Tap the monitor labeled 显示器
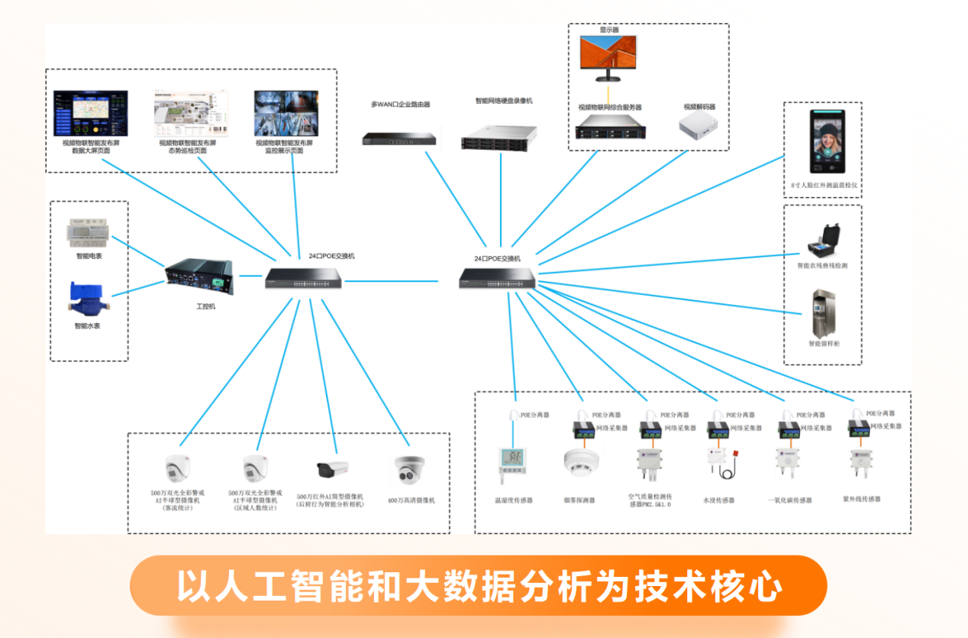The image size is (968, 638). pyautogui.click(x=608, y=58)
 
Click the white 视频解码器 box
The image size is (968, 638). pyautogui.click(x=701, y=125)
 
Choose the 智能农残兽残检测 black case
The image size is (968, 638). pyautogui.click(x=823, y=241)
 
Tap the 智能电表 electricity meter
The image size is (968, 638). pyautogui.click(x=89, y=233)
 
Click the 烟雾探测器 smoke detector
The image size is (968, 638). pyautogui.click(x=580, y=462)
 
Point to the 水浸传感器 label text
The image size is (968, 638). pyautogui.click(x=718, y=501)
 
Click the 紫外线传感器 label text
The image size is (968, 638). pyautogui.click(x=861, y=499)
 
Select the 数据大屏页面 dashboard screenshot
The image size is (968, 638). pyautogui.click(x=90, y=113)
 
